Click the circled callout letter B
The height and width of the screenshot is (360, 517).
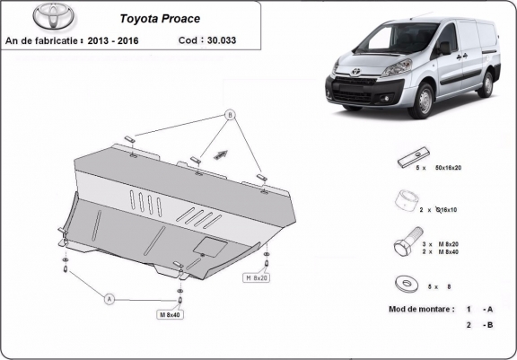[230, 115]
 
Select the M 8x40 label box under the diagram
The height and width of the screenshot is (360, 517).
[169, 315]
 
